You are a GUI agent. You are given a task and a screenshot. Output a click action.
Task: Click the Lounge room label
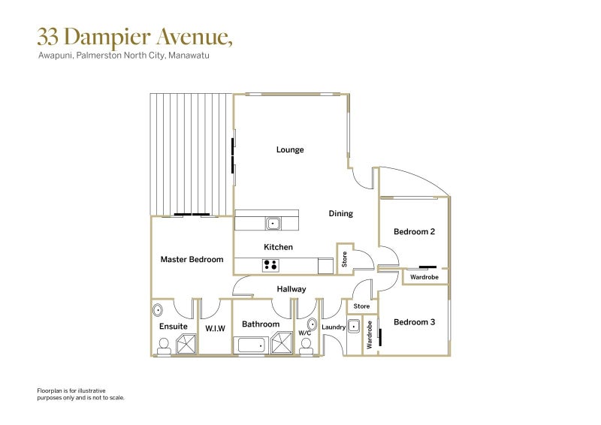(290, 150)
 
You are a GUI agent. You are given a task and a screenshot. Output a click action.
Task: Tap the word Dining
(341, 214)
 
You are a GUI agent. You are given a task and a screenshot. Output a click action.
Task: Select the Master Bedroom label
(192, 260)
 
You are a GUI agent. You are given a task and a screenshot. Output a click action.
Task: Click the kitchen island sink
(273, 223)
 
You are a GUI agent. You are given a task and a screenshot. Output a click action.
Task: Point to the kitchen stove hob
(270, 265)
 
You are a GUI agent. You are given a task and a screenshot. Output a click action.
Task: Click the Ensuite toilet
(164, 346)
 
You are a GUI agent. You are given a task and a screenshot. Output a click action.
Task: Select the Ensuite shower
(186, 344)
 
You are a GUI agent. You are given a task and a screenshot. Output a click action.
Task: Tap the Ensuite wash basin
(158, 309)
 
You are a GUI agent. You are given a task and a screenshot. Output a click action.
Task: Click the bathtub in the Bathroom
(251, 345)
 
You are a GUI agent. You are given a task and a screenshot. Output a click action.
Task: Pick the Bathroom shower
(282, 343)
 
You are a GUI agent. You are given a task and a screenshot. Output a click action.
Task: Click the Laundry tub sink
(353, 326)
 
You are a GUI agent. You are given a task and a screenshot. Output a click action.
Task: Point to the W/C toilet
(307, 346)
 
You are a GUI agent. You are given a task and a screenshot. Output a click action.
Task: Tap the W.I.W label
(216, 328)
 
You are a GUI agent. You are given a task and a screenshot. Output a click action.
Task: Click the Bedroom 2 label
(415, 231)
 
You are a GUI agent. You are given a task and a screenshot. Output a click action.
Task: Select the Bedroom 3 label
(415, 322)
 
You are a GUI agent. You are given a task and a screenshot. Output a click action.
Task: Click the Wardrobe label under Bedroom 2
(424, 277)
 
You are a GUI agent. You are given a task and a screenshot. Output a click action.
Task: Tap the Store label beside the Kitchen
(344, 259)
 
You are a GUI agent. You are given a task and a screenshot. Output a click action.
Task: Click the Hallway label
(291, 289)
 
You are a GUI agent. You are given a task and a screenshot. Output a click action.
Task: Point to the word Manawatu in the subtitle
(189, 55)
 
